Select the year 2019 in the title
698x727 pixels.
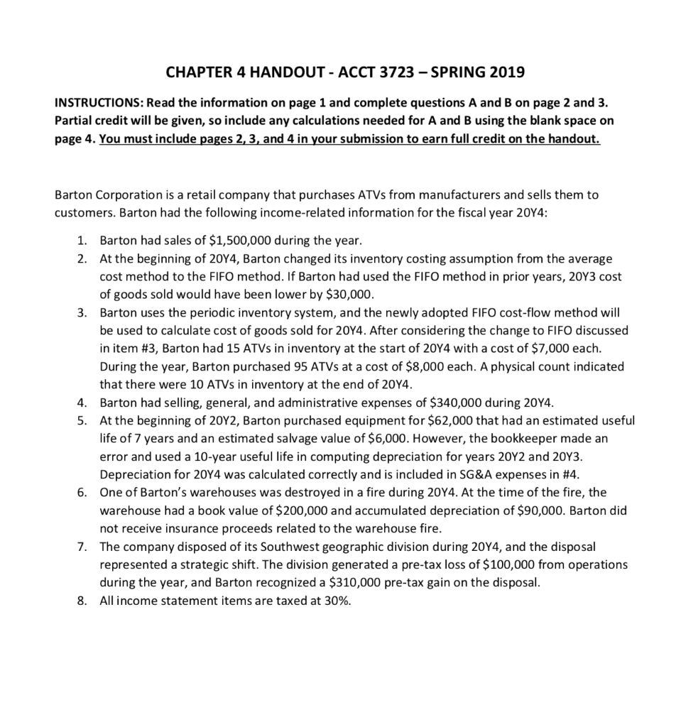(503, 71)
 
